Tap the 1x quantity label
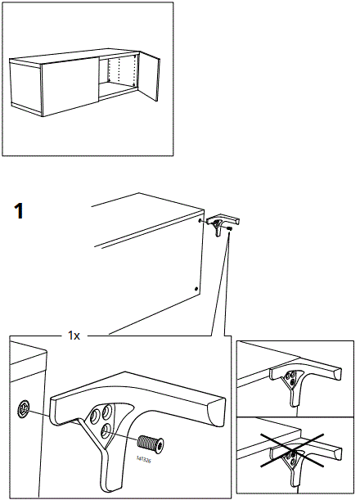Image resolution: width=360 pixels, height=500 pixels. tap(74, 336)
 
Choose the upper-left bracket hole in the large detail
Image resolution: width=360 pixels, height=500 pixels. tap(101, 412)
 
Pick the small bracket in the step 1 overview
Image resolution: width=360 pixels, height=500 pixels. tap(219, 223)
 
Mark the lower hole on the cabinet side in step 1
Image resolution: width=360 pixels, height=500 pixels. tap(196, 288)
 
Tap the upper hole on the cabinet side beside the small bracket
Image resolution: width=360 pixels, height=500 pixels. tap(200, 220)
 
